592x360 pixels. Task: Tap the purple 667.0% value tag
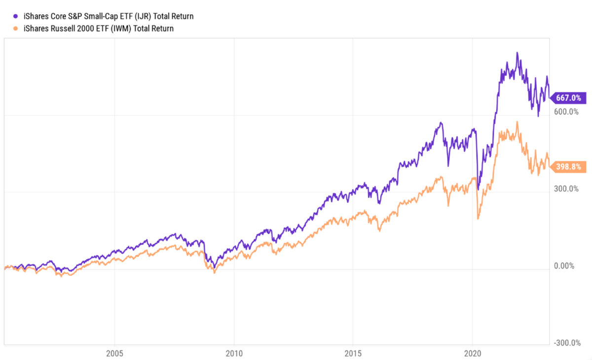pos(570,98)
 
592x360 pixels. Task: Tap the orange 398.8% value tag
pos(570,167)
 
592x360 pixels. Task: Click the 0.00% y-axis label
pos(564,266)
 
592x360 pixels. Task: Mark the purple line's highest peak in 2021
pos(517,52)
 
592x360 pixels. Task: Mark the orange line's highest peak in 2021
pos(517,121)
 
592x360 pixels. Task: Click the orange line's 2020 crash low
pos(478,219)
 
